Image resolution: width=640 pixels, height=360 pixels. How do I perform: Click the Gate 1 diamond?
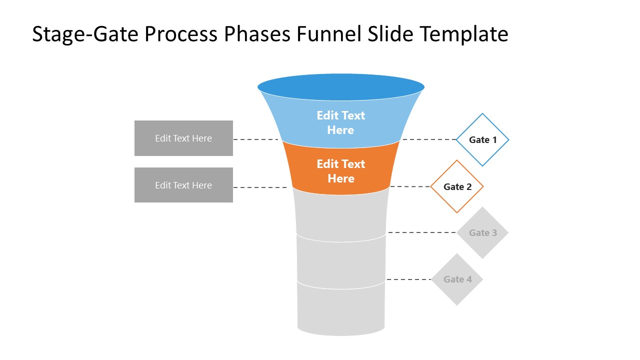pyautogui.click(x=482, y=140)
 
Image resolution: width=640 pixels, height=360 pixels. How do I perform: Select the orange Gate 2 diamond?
pyautogui.click(x=457, y=186)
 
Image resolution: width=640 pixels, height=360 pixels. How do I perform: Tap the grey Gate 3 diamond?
pyautogui.click(x=482, y=232)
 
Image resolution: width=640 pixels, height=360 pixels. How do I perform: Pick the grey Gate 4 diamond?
pyautogui.click(x=457, y=279)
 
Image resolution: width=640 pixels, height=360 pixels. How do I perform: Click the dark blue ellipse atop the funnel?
pyautogui.click(x=341, y=86)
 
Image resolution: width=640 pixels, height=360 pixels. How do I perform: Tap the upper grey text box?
pyautogui.click(x=183, y=138)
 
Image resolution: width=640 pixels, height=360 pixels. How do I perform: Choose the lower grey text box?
pyautogui.click(x=183, y=185)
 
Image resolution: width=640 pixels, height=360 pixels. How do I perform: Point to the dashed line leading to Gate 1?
pyautogui.click(x=429, y=139)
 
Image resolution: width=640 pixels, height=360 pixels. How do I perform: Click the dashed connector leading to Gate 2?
pyautogui.click(x=410, y=186)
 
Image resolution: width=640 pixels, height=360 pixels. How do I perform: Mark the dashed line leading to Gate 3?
pyautogui.click(x=422, y=232)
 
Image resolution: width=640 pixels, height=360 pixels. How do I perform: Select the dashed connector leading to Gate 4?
pyautogui.click(x=408, y=279)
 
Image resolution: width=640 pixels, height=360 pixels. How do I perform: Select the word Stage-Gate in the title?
pyautogui.click(x=81, y=34)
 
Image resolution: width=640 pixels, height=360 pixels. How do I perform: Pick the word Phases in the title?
pyautogui.click(x=257, y=34)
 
